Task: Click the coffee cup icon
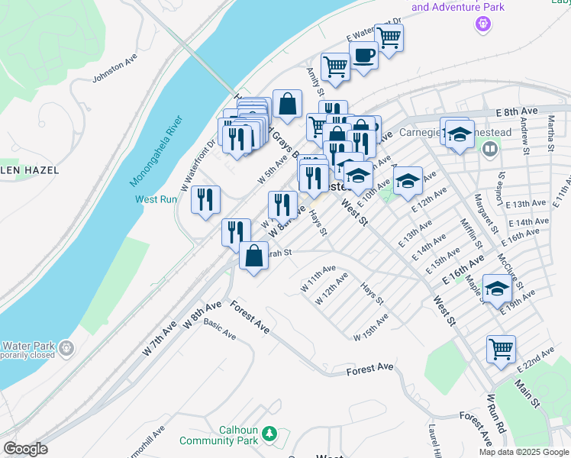364,55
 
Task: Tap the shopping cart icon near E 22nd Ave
501,350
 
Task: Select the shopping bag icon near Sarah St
253,256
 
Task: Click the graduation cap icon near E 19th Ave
497,289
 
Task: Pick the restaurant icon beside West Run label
205,200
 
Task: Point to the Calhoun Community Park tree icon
268,434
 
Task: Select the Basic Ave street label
220,331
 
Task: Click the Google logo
25,449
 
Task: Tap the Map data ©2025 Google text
523,452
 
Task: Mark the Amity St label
312,80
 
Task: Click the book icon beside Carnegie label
490,149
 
